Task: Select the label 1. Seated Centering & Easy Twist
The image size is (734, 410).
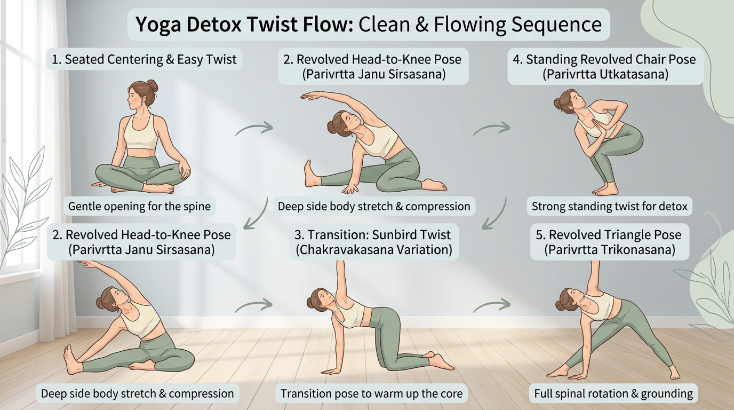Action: (143, 59)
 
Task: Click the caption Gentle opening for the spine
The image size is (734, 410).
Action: (139, 206)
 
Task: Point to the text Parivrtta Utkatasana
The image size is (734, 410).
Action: (605, 74)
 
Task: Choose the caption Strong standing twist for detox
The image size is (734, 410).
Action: (609, 206)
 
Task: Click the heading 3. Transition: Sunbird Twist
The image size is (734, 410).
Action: (372, 234)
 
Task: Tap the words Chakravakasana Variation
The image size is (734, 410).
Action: (372, 249)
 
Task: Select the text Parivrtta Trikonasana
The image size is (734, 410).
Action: (609, 249)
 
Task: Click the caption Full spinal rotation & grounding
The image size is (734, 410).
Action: (613, 394)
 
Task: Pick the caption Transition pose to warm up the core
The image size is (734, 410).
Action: (371, 394)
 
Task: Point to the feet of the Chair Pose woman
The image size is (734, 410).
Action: (606, 189)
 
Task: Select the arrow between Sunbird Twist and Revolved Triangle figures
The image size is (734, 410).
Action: (491, 305)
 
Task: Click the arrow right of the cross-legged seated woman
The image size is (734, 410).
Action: (254, 129)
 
